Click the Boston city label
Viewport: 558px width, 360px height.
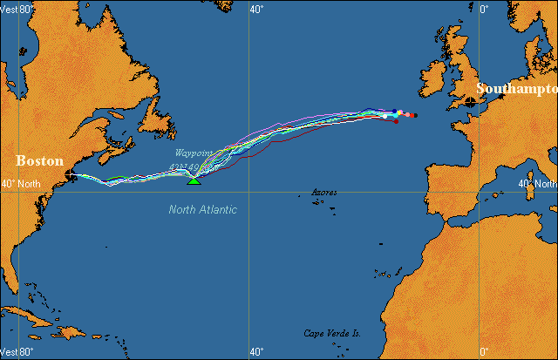(40, 160)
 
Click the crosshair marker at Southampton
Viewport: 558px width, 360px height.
(472, 102)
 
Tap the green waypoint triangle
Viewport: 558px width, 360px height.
(194, 180)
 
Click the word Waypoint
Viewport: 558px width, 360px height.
(192, 153)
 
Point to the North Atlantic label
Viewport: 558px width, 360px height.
(203, 209)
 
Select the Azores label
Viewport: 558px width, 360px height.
(324, 191)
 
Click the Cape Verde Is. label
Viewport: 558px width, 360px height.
(332, 333)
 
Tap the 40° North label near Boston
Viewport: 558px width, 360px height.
(21, 184)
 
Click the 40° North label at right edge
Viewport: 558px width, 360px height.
(537, 184)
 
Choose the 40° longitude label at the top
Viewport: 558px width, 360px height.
(256, 9)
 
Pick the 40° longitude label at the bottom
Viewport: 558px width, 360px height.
(256, 351)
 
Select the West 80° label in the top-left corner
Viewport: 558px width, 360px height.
(17, 9)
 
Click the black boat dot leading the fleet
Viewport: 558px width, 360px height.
(415, 115)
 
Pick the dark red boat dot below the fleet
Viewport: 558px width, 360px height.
(397, 121)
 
